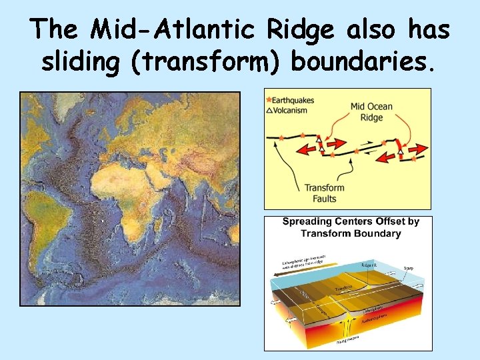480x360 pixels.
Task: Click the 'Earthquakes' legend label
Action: point(294,100)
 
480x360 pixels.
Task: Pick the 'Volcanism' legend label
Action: point(291,110)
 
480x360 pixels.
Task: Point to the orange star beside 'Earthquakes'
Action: point(269,100)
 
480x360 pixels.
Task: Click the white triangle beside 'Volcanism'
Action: point(269,110)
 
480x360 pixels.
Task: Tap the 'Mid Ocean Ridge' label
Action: point(371,111)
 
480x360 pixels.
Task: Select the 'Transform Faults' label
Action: point(324,193)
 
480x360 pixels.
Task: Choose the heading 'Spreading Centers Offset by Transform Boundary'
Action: point(350,227)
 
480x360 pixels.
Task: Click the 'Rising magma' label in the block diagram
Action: point(347,341)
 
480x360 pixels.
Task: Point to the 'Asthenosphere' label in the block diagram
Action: point(380,322)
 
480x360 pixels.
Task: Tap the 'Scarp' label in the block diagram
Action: point(408,268)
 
